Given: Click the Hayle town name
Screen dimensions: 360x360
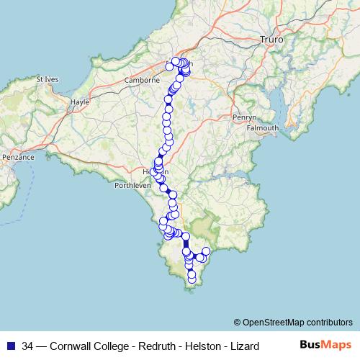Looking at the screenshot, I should click(80, 102).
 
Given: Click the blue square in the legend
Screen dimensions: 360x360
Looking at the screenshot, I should click(10, 346).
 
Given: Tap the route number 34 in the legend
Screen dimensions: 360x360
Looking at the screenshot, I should click(27, 346).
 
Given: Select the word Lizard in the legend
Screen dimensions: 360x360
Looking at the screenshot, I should click(243, 346).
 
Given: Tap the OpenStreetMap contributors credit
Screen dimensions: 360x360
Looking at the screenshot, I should click(293, 322).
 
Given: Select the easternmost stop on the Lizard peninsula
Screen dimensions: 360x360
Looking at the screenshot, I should click(206, 251).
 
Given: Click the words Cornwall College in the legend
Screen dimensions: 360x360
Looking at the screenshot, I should click(86, 346).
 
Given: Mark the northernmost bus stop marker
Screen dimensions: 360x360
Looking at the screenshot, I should click(176, 61).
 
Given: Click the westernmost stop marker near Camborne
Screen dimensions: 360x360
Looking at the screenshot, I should click(170, 67).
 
